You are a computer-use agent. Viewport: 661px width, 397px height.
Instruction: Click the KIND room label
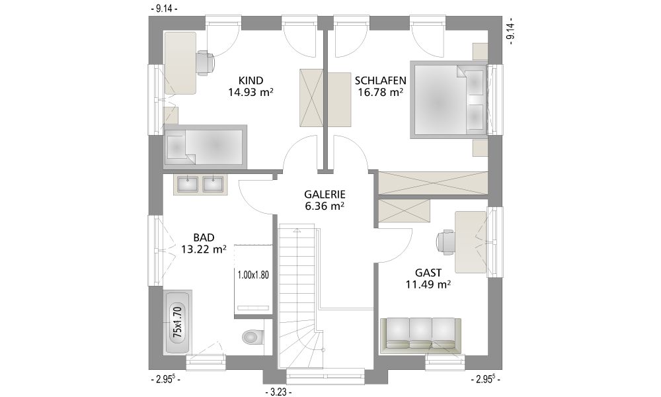(251, 81)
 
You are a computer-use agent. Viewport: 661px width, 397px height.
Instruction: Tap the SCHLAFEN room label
(380, 81)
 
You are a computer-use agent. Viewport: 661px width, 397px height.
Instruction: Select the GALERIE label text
(325, 195)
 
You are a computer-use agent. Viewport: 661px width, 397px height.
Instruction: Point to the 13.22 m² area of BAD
(204, 249)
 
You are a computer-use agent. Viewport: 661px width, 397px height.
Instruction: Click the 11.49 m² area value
(428, 285)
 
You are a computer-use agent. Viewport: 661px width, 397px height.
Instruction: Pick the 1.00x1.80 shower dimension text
(253, 275)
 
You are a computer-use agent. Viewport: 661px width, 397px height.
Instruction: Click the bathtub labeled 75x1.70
(177, 323)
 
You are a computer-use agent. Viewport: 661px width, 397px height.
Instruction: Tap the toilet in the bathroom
(252, 336)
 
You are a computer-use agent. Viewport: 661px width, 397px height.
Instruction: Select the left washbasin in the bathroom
(187, 184)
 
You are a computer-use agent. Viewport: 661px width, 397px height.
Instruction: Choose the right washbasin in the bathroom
(213, 184)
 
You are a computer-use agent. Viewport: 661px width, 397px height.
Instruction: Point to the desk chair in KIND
(206, 63)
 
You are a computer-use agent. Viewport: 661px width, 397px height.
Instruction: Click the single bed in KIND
(205, 146)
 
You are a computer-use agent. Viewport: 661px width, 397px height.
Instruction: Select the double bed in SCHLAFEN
(449, 99)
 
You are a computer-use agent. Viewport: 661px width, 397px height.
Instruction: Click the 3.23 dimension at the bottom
(279, 392)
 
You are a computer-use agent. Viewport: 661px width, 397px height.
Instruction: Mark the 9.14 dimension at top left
(163, 9)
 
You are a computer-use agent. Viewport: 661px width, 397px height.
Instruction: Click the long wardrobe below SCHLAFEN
(434, 183)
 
